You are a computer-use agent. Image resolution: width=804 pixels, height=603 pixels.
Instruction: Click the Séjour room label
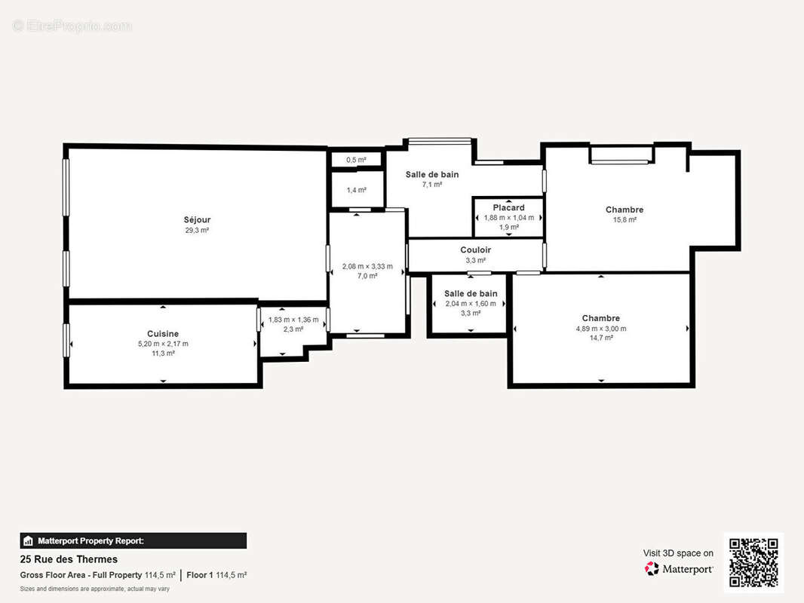pyautogui.click(x=197, y=220)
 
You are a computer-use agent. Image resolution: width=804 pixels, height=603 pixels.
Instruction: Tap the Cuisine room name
pyautogui.click(x=163, y=333)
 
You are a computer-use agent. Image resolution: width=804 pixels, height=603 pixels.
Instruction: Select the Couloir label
pyautogui.click(x=475, y=250)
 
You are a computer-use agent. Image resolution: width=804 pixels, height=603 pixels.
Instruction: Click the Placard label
pyautogui.click(x=508, y=207)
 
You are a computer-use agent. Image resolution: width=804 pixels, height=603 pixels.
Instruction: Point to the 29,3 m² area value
pyautogui.click(x=197, y=230)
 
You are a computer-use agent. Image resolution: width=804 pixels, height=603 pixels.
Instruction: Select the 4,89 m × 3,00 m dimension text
pyautogui.click(x=600, y=329)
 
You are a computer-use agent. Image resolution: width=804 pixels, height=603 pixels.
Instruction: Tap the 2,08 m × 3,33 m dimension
pyautogui.click(x=367, y=266)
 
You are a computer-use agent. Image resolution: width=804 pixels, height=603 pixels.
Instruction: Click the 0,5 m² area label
pyautogui.click(x=356, y=160)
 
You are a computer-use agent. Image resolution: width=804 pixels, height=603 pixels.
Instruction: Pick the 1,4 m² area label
pyautogui.click(x=356, y=190)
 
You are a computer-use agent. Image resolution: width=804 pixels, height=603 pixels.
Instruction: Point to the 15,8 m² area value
pyautogui.click(x=624, y=220)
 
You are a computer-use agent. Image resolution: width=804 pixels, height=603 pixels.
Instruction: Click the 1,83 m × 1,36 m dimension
pyautogui.click(x=293, y=320)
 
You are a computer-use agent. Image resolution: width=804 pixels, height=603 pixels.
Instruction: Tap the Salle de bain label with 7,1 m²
pyautogui.click(x=431, y=174)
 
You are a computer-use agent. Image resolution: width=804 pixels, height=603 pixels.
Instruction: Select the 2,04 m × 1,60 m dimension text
pyautogui.click(x=471, y=304)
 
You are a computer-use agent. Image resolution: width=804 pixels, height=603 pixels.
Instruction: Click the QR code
pyautogui.click(x=753, y=562)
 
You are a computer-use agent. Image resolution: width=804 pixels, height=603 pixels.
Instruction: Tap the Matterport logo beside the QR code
pyautogui.click(x=678, y=568)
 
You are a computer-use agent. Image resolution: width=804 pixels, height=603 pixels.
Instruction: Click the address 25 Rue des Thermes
pyautogui.click(x=69, y=559)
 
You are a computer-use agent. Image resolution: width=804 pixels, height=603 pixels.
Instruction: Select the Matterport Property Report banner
pyautogui.click(x=133, y=540)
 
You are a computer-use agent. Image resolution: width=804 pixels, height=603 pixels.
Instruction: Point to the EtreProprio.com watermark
pyautogui.click(x=72, y=26)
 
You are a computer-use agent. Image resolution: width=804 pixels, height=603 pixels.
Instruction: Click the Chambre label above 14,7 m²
pyautogui.click(x=600, y=318)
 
